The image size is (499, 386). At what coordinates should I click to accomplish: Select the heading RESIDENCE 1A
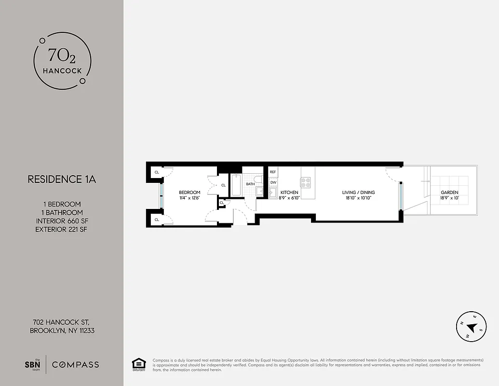[x=62, y=179]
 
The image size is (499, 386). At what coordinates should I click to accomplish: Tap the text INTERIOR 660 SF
[x=62, y=221]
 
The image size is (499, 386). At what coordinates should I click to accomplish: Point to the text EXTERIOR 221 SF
[x=62, y=229]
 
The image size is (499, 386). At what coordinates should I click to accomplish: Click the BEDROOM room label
[x=189, y=193]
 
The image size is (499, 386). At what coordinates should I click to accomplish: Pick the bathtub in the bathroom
[x=236, y=186]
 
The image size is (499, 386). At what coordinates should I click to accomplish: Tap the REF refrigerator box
[x=273, y=172]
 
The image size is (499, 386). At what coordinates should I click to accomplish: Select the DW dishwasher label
[x=273, y=182]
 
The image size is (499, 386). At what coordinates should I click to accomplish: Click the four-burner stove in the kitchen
[x=306, y=182]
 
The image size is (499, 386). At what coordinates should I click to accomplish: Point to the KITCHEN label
[x=289, y=193]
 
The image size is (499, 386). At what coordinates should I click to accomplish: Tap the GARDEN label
[x=449, y=193]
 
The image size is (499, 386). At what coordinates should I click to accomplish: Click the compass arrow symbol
[x=472, y=328]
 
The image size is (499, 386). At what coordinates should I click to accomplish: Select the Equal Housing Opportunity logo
[x=139, y=364]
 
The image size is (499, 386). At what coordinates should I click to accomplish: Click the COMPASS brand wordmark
[x=75, y=364]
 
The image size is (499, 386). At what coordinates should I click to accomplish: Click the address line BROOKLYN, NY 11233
[x=62, y=331]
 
